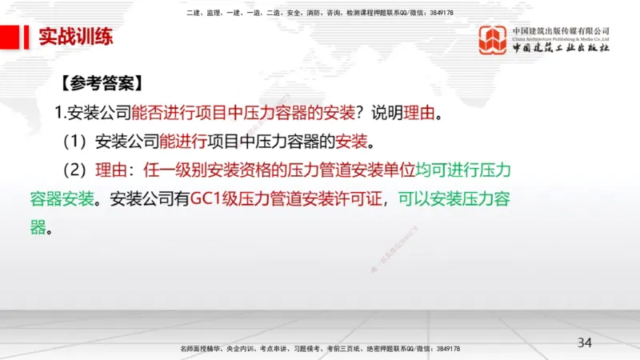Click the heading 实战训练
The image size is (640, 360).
(x=75, y=37)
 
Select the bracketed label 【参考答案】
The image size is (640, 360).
(x=101, y=82)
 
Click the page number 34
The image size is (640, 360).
(x=585, y=342)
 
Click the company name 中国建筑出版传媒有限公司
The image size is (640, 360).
(x=562, y=30)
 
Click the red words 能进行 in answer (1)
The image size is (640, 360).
(x=183, y=142)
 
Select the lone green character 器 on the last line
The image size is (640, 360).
(x=38, y=227)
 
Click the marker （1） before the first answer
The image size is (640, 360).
(x=77, y=142)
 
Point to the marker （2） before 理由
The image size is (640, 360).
(x=77, y=170)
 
